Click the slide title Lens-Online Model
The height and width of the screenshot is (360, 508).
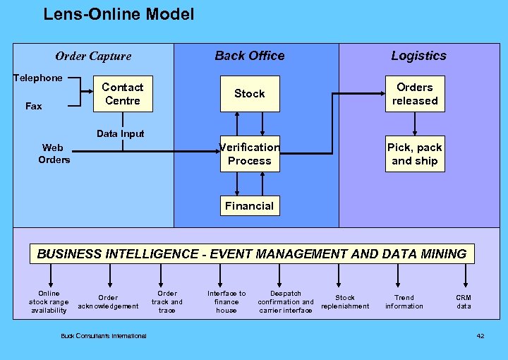(x=119, y=14)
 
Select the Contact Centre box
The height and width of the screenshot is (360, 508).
(x=122, y=94)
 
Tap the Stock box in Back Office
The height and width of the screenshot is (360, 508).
(x=249, y=93)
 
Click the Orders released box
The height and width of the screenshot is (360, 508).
(x=415, y=94)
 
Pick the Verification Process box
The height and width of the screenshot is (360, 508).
(x=249, y=154)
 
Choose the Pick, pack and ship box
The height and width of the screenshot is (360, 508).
(x=415, y=154)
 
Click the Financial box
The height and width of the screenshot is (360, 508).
(x=249, y=206)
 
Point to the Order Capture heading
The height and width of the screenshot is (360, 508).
(x=93, y=56)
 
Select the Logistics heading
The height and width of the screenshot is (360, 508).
(x=418, y=56)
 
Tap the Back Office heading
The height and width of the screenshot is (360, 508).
(x=250, y=56)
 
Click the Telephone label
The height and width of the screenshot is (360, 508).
(x=38, y=78)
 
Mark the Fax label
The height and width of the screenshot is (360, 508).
(x=34, y=106)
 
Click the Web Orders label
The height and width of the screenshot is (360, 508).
(x=54, y=154)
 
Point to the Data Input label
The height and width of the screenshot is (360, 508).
(x=120, y=133)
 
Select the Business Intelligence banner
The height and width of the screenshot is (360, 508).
(x=252, y=254)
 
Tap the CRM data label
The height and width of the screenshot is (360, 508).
(x=464, y=302)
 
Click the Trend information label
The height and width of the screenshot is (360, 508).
(x=404, y=302)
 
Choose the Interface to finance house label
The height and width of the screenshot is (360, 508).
(x=226, y=302)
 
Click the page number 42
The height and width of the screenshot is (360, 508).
(x=480, y=335)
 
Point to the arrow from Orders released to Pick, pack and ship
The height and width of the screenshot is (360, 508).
(x=415, y=124)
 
